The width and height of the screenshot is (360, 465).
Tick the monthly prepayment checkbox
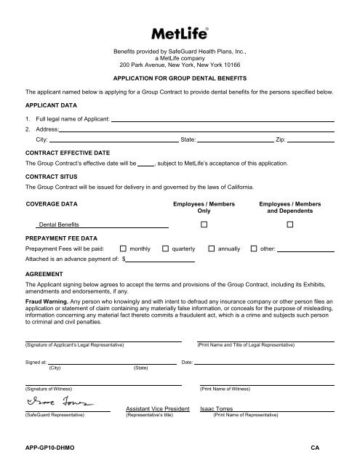123,248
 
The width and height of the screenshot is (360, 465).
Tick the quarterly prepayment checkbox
165,248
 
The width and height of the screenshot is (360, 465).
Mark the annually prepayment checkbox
212,248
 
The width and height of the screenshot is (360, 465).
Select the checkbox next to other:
254,248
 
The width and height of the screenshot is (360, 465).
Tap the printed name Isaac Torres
217,409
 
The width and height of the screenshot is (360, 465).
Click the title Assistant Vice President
157,409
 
